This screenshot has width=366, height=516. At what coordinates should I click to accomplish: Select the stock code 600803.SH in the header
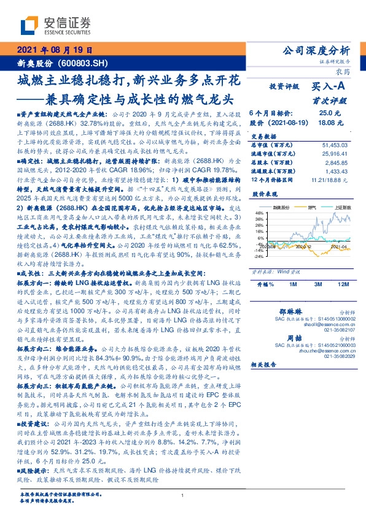[84, 62]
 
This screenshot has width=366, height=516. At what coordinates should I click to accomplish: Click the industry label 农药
[341, 71]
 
